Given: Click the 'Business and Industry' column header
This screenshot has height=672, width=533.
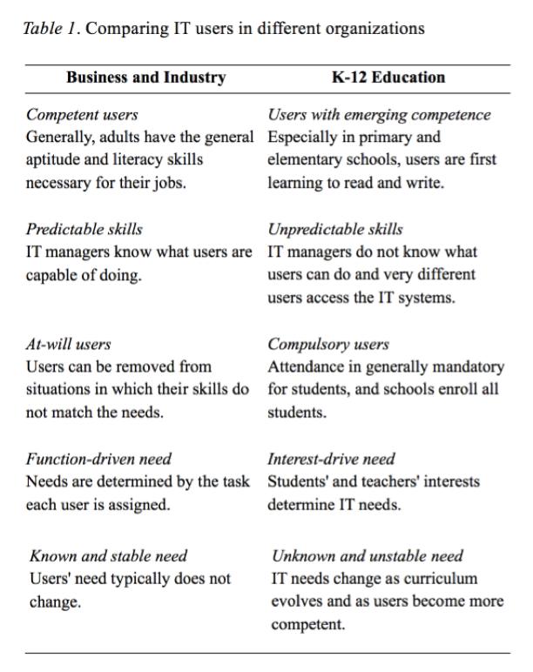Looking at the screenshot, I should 146,78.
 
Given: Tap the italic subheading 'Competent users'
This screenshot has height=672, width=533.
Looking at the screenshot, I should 82,115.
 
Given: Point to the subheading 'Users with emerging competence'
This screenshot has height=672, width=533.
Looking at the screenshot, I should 379,115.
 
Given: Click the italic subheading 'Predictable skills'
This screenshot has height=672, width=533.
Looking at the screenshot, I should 84,230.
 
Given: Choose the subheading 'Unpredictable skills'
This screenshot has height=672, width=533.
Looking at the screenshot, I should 335,230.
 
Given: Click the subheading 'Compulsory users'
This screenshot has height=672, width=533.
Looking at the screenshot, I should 328,345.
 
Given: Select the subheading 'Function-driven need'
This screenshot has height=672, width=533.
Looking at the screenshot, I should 98,459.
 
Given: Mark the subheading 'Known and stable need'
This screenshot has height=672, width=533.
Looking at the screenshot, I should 109,556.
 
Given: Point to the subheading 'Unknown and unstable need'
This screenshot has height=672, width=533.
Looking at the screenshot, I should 368,556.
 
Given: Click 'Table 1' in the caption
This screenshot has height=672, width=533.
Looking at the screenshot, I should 49,29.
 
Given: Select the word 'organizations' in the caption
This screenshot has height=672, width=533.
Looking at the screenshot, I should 381,29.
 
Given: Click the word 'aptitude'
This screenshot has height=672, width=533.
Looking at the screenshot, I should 53,160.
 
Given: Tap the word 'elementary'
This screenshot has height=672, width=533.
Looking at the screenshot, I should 307,160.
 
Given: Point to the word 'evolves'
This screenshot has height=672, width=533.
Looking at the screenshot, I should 296,601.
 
